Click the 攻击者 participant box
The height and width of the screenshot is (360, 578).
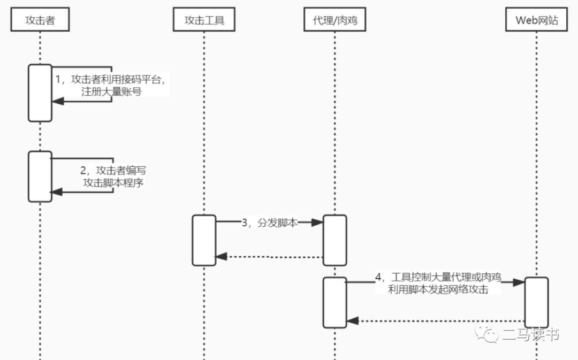point(40,20)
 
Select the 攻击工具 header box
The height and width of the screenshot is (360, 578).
point(204,20)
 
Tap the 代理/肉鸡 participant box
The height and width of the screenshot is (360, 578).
point(335,20)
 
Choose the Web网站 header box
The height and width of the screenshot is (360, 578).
point(536,20)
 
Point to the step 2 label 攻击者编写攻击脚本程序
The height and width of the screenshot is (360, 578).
point(113,176)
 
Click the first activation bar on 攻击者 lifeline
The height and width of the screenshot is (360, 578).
point(40,93)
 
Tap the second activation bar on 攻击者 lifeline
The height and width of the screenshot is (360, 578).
point(40,177)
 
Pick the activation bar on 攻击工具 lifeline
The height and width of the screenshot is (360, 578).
point(204,240)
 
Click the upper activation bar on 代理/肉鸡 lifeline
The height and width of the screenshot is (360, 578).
point(335,240)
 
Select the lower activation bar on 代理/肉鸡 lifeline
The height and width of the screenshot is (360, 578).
point(335,302)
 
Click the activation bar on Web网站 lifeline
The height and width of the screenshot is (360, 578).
point(536,302)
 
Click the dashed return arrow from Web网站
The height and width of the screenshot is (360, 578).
point(436,321)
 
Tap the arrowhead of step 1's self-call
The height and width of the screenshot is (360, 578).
point(57,101)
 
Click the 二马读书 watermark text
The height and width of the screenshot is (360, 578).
point(531,335)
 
